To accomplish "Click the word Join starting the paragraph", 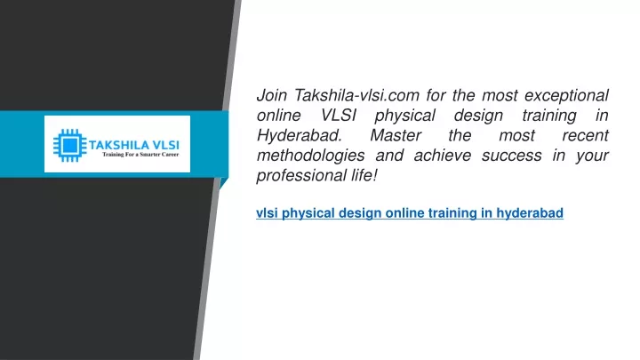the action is click(x=272, y=95).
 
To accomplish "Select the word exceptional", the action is click(x=566, y=96).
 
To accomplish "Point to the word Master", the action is click(x=396, y=135).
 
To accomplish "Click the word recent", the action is click(x=585, y=135).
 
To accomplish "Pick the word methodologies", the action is click(x=310, y=156).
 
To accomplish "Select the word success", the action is click(x=512, y=156).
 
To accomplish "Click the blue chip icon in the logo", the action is click(x=70, y=145).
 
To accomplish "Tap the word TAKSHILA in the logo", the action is click(x=113, y=145).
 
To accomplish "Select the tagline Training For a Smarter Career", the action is click(x=140, y=155).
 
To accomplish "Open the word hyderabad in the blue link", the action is click(x=530, y=213).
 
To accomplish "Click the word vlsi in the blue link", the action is click(x=267, y=213).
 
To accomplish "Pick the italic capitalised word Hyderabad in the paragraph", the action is click(x=300, y=136).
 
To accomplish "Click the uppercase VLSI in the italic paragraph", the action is click(x=339, y=116).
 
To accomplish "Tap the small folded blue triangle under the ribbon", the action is click(x=223, y=183).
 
